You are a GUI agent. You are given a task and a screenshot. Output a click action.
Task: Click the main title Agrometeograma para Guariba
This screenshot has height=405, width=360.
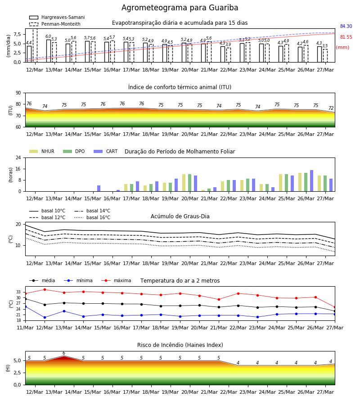pyautogui.click(x=180, y=8)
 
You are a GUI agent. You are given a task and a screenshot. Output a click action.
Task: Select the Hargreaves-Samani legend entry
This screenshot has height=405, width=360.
pyautogui.click(x=57, y=17)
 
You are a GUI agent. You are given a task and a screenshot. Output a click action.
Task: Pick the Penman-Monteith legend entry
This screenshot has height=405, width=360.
pyautogui.click(x=55, y=24)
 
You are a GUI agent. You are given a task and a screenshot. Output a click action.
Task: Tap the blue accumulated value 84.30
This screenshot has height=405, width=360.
pyautogui.click(x=346, y=26)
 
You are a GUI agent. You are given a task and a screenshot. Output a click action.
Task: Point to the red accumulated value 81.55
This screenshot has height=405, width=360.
pyautogui.click(x=346, y=37)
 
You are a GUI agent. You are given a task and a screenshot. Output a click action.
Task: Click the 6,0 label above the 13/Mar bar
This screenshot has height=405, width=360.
pyautogui.click(x=48, y=36)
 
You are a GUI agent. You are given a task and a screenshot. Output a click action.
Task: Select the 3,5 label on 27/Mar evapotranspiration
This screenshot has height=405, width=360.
pyautogui.click(x=325, y=46)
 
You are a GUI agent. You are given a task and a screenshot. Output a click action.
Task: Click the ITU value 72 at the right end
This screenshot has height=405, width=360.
pyautogui.click(x=331, y=108)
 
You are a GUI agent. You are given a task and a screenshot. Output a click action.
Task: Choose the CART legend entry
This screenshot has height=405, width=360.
pyautogui.click(x=105, y=151)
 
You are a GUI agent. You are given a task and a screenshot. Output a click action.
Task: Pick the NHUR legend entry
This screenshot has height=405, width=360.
pyautogui.click(x=42, y=151)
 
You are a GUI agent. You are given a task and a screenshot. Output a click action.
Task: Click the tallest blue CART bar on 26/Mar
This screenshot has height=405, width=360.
pyautogui.click(x=312, y=181)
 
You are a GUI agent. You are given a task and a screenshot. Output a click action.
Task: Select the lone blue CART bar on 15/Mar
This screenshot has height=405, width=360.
pyautogui.click(x=99, y=188)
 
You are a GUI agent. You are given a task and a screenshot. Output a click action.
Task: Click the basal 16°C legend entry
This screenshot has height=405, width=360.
pyautogui.click(x=92, y=217)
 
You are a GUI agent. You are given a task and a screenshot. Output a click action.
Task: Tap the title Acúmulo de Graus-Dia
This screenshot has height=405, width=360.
pyautogui.click(x=180, y=216)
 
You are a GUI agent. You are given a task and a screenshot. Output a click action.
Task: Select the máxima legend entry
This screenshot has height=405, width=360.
pyautogui.click(x=116, y=280)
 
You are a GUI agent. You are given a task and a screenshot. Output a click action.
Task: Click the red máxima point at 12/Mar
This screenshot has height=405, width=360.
pyautogui.click(x=45, y=289)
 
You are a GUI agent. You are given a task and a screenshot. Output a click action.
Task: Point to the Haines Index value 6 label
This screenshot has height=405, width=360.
pyautogui.click(x=64, y=353)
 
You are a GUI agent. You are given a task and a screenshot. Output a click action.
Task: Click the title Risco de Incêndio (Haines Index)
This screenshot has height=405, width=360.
pyautogui.click(x=180, y=345)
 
